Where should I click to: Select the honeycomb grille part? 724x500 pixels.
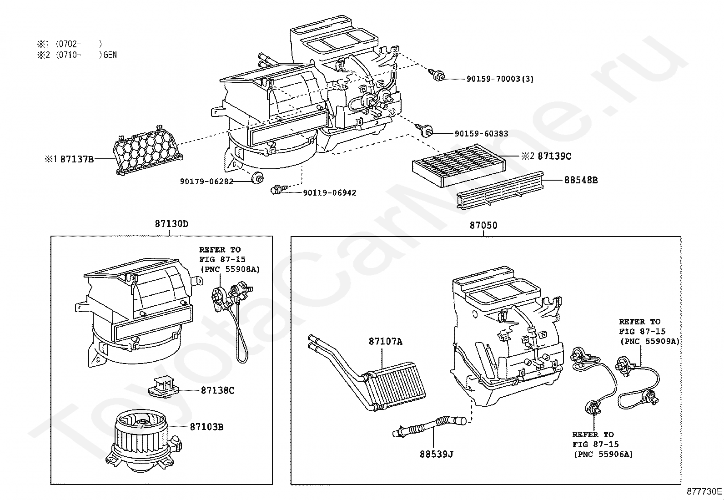147,148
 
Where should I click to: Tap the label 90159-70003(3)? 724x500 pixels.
500,79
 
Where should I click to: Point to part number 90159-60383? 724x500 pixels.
481,134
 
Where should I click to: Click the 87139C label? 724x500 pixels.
554,156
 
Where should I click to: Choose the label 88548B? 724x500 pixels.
581,180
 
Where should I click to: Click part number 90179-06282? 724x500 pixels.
206,182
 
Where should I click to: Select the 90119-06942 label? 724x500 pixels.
330,193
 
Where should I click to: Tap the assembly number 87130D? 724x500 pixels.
171,224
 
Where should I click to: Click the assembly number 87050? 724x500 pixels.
483,225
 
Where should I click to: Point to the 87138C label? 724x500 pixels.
217,390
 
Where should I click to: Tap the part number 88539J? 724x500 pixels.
436,454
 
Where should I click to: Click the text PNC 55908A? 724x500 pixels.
230,269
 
